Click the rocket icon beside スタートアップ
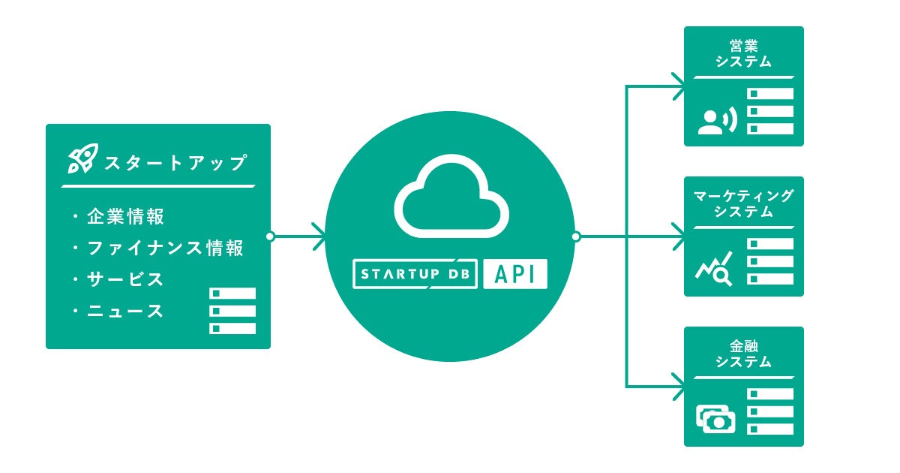82,158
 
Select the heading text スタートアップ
175,162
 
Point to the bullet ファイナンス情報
166,249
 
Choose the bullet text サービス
125,279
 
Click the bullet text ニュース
125,311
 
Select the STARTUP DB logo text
415,274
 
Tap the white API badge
515,274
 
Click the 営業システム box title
743,54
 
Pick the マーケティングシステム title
743,204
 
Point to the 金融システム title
743,354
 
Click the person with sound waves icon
718,121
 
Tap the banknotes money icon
716,420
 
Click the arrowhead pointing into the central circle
319,236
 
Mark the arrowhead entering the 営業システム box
679,86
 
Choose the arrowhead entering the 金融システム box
679,387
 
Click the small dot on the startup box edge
271,236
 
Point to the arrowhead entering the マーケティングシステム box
679,236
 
